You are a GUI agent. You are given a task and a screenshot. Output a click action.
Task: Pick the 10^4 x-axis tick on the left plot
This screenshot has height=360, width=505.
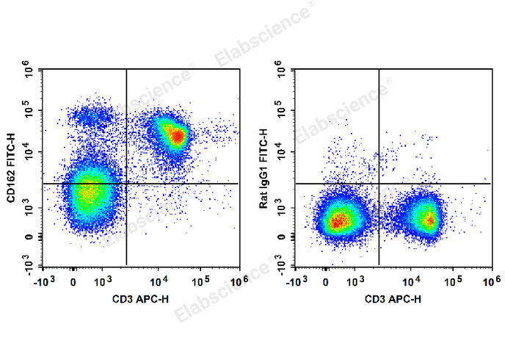pyautogui.click(x=159, y=280)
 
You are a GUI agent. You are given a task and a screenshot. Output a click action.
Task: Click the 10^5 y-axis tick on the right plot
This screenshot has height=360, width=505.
pyautogui.click(x=282, y=112)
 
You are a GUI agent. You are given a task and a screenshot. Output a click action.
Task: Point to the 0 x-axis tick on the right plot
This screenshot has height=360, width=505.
pyautogui.click(x=326, y=281)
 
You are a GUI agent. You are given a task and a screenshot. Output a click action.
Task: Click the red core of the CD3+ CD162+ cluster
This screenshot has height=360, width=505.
pyautogui.click(x=175, y=135)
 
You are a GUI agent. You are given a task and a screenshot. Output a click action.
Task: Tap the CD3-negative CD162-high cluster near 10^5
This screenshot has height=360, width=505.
pyautogui.click(x=88, y=115)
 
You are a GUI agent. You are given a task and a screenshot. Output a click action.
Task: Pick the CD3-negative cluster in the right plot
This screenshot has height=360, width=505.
pyautogui.click(x=338, y=220)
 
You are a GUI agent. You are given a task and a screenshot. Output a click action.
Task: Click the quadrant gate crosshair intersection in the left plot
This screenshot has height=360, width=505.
pyautogui.click(x=127, y=183)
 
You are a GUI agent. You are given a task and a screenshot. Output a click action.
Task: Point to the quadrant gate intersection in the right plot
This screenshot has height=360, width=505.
pyautogui.click(x=379, y=183)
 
